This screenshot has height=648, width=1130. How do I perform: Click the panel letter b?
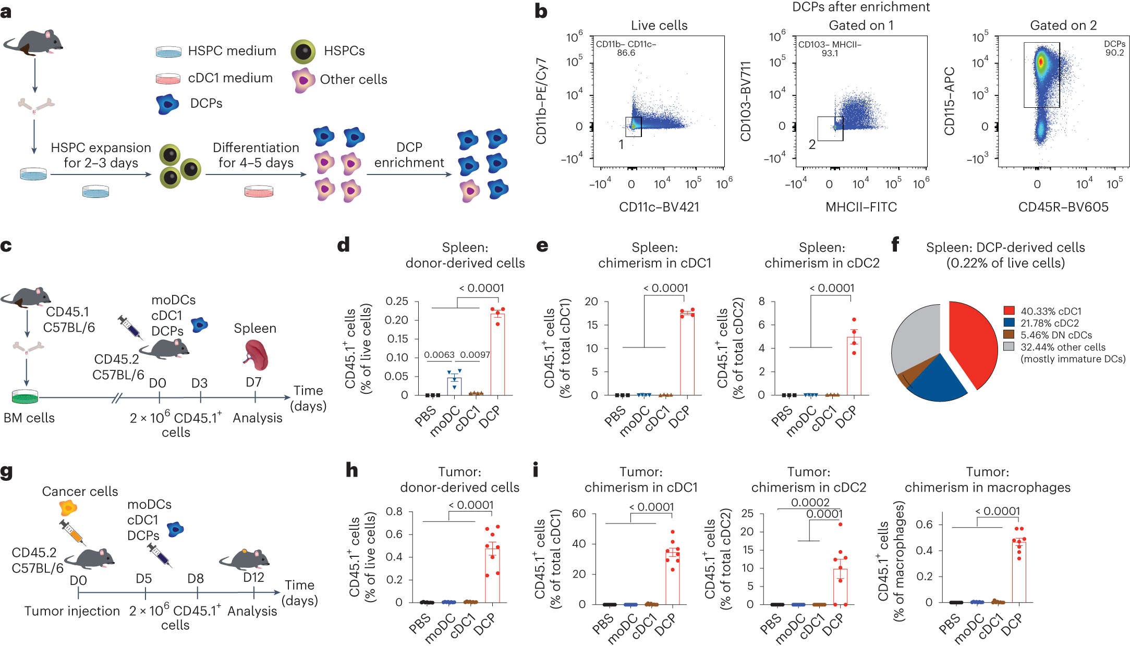coord(541,11)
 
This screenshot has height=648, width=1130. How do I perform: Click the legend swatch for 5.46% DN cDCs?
coord(1009,334)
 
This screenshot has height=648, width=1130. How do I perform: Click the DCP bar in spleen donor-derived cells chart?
coord(497,354)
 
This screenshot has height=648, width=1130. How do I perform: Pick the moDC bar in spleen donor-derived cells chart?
coord(454,386)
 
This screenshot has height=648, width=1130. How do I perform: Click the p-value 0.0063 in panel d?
coord(439,355)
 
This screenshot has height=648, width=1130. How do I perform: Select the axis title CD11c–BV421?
coord(659,207)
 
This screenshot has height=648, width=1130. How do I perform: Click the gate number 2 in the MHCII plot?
coord(812,144)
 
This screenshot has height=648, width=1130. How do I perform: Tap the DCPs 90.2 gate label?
coord(1114,48)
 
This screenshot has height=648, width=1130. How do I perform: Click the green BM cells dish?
coord(25,397)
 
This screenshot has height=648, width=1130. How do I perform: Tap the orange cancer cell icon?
coord(68,507)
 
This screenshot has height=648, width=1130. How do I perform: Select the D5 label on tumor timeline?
coord(143,579)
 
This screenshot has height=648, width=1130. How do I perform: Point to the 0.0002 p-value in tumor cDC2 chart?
coord(810,502)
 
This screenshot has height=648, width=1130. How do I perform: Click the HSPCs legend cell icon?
coord(303,51)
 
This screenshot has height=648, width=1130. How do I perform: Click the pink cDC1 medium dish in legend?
coord(168,79)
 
